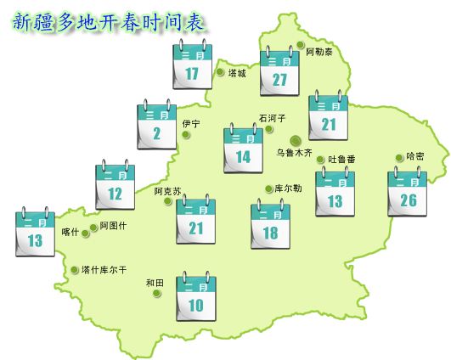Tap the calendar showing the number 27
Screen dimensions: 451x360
(x=280, y=72)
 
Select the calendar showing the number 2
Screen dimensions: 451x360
(x=157, y=127)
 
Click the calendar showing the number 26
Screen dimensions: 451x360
(x=408, y=194)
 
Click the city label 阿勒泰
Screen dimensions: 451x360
(x=319, y=52)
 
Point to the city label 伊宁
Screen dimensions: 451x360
(x=191, y=124)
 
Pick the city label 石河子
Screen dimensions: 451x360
(x=273, y=119)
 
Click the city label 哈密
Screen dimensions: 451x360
(x=415, y=156)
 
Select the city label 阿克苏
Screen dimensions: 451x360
(x=167, y=191)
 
